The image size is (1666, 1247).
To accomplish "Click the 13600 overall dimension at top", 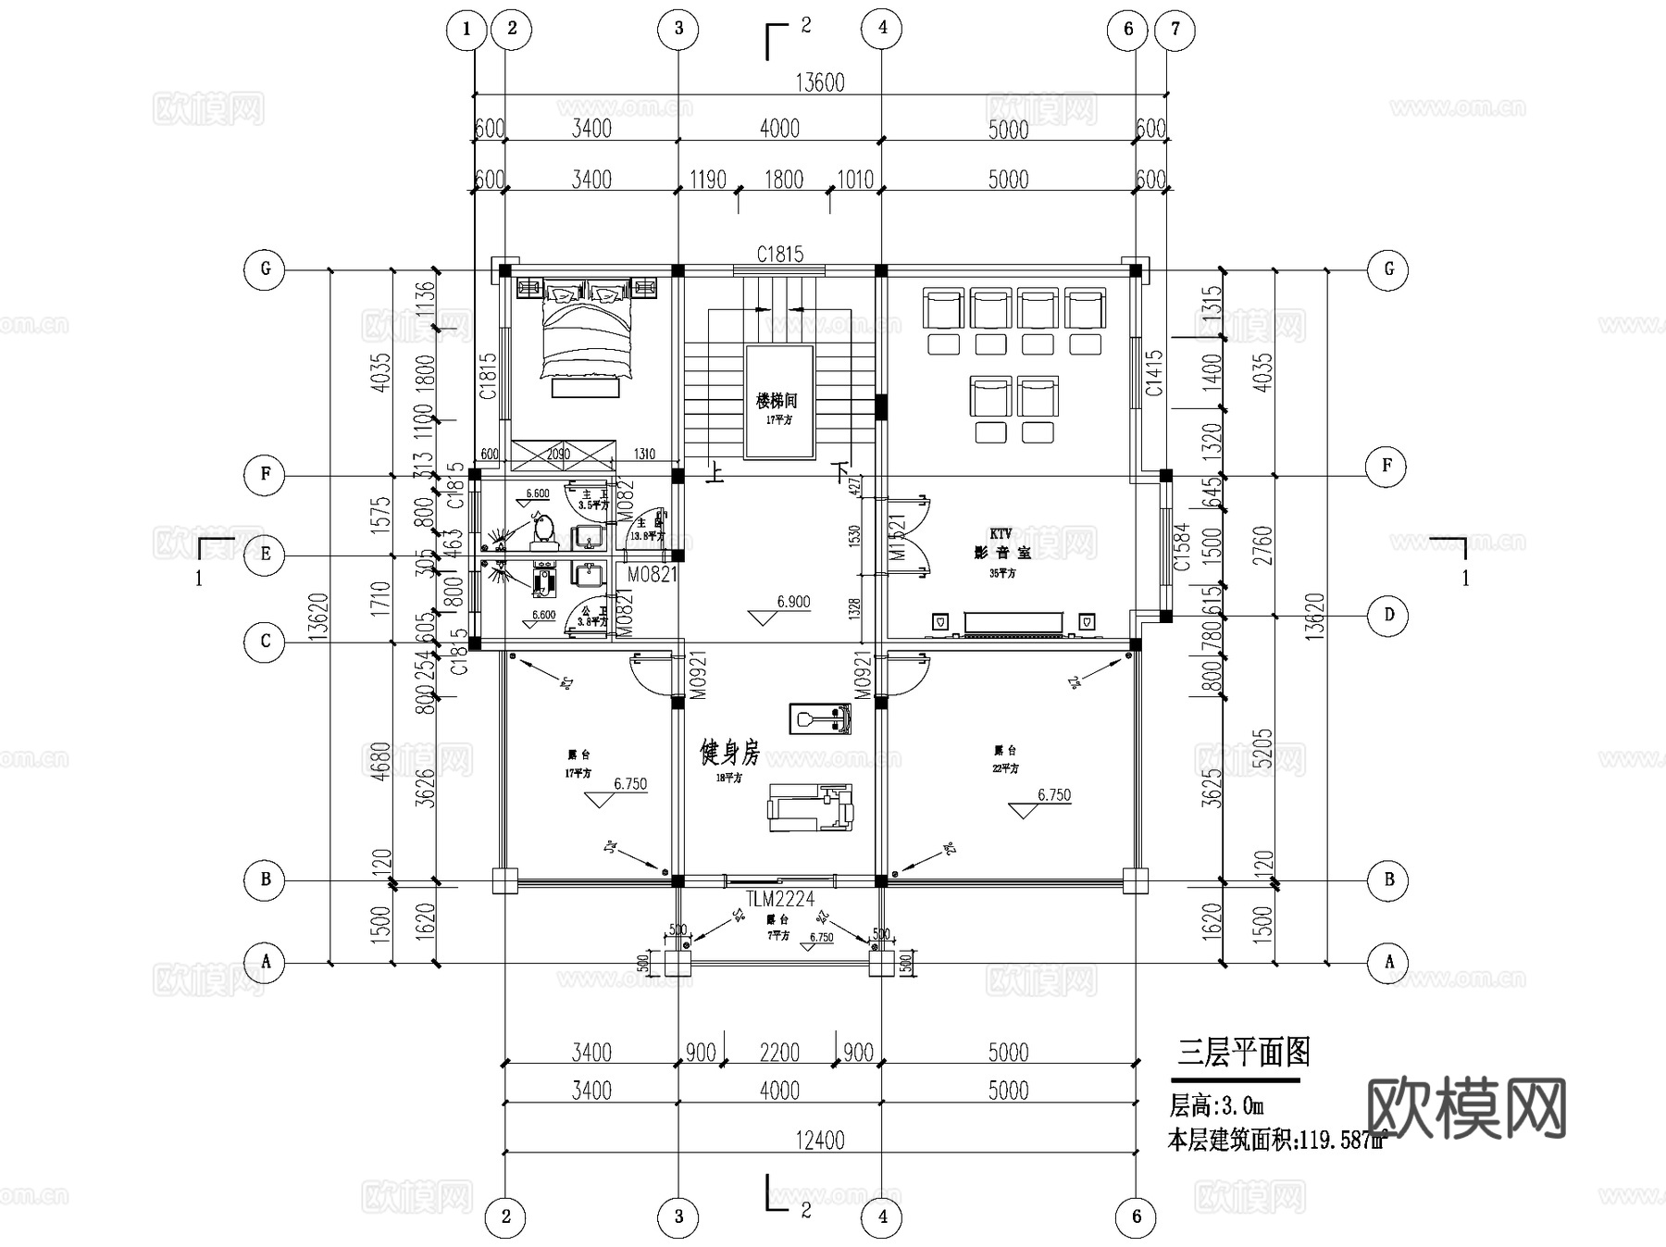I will pyautogui.click(x=820, y=82).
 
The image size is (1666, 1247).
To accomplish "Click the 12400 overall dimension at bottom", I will pyautogui.click(x=820, y=1140).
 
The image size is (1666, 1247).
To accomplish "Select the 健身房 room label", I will pyautogui.click(x=729, y=754).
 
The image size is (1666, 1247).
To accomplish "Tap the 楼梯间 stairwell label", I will pyautogui.click(x=776, y=402).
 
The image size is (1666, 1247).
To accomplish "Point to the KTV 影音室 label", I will pyautogui.click(x=1001, y=544).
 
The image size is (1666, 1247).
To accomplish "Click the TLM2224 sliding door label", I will pyautogui.click(x=779, y=898).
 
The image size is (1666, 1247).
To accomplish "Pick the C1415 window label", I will pyautogui.click(x=1154, y=373).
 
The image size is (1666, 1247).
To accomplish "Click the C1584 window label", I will pyautogui.click(x=1181, y=547).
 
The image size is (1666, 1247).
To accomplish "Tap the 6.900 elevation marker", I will pyautogui.click(x=793, y=602).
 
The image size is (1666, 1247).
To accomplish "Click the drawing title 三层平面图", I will pyautogui.click(x=1243, y=1053).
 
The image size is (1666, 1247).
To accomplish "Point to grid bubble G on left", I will pyautogui.click(x=266, y=269).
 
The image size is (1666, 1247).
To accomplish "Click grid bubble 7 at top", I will pyautogui.click(x=1175, y=29).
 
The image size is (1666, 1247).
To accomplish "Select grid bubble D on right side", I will pyautogui.click(x=1388, y=616).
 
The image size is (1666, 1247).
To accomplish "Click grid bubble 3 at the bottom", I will pyautogui.click(x=678, y=1216).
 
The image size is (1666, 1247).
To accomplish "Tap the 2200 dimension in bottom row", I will pyautogui.click(x=779, y=1053).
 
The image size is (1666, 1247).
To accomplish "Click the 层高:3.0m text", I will pyautogui.click(x=1216, y=1105).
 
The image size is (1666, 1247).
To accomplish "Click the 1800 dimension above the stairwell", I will pyautogui.click(x=783, y=180).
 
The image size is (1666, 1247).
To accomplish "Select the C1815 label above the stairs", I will pyautogui.click(x=779, y=254).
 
